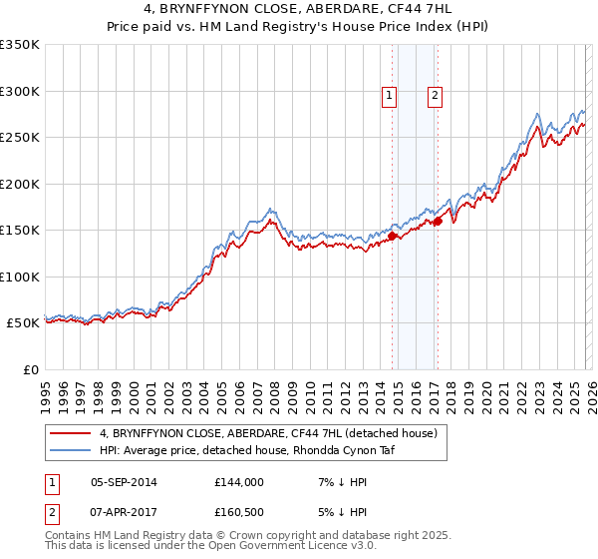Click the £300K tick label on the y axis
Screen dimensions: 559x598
point(20,91)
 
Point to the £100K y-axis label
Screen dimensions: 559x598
point(20,277)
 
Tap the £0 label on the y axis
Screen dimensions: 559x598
point(30,369)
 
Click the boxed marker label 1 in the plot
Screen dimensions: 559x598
point(390,97)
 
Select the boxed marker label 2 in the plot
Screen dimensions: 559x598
point(436,97)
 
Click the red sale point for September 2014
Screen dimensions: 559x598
point(392,237)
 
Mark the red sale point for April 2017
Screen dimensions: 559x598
point(438,221)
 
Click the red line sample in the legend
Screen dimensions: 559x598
point(71,433)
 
